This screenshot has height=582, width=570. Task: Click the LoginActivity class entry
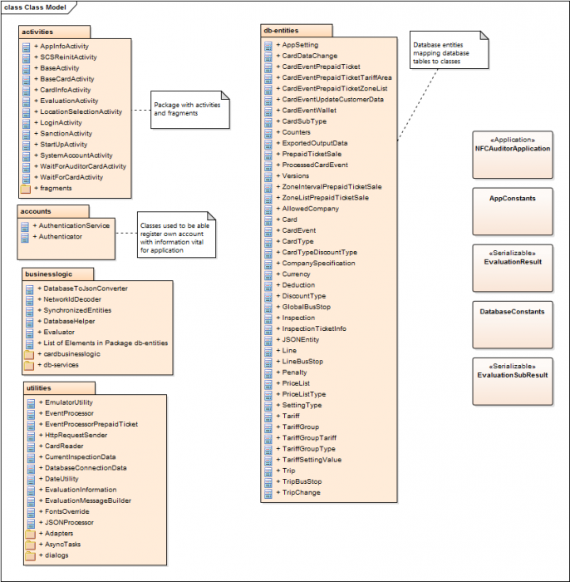tap(61, 122)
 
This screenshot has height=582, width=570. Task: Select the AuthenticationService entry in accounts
tap(75, 225)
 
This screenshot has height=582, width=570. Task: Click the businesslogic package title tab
tap(51, 273)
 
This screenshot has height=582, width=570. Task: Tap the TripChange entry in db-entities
tap(301, 492)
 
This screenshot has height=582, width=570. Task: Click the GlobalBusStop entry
tap(306, 307)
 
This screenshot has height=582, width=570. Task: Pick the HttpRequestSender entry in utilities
tap(76, 435)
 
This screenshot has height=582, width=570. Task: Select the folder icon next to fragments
tap(25, 188)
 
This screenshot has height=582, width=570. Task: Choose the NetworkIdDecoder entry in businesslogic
tap(73, 299)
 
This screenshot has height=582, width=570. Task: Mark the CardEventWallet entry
tap(308, 110)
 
